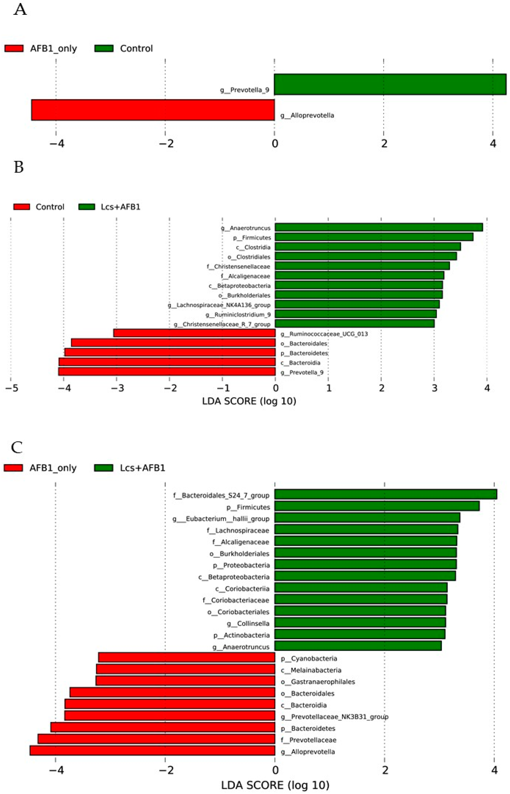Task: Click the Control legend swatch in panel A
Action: point(104,49)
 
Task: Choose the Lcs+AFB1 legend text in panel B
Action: point(120,207)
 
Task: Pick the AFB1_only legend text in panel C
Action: point(53,468)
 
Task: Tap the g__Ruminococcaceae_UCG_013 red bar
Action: point(194,333)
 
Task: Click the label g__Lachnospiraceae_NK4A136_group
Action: point(219,305)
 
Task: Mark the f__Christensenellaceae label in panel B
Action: point(239,266)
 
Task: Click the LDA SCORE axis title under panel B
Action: point(249,401)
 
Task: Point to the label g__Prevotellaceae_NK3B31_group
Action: point(335,717)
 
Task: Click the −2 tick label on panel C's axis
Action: point(166,771)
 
